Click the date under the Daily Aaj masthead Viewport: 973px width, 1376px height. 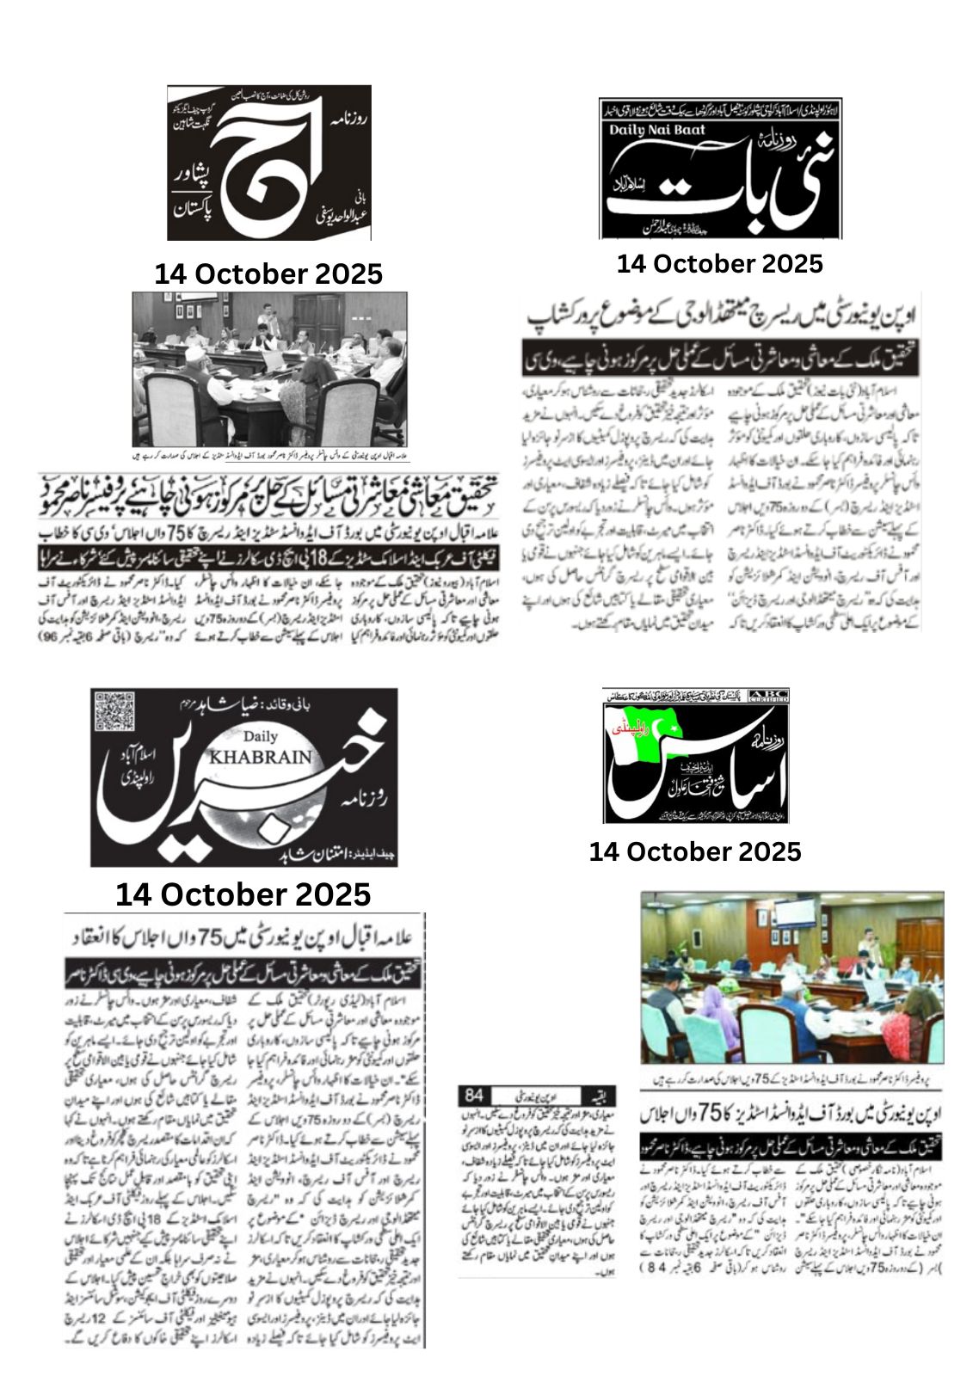(268, 273)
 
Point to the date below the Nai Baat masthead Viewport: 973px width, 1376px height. (719, 263)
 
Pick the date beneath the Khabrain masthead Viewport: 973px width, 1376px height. (243, 894)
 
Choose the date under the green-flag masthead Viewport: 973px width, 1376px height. (695, 851)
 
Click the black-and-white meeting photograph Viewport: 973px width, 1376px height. (268, 369)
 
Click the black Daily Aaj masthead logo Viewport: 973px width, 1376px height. (268, 162)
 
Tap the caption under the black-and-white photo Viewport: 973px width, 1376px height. (268, 451)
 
